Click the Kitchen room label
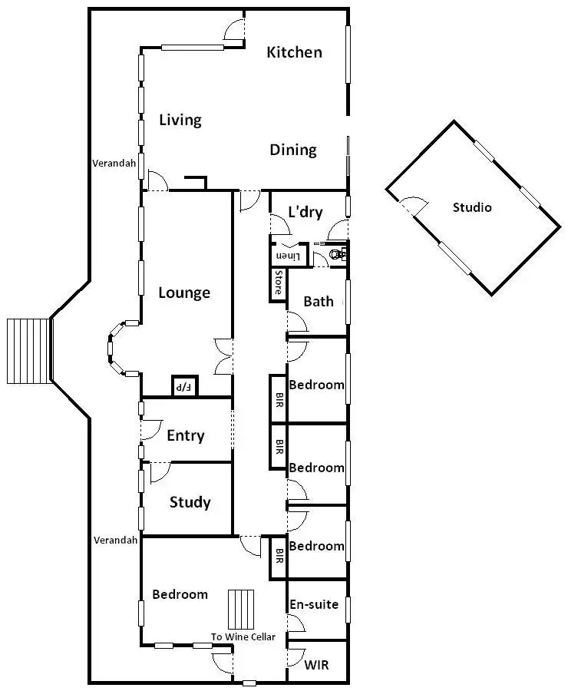pyautogui.click(x=294, y=52)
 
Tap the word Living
pyautogui.click(x=180, y=120)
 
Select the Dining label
pyautogui.click(x=293, y=150)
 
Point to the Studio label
pyautogui.click(x=472, y=207)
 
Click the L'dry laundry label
pyautogui.click(x=305, y=213)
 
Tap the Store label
pyautogui.click(x=278, y=283)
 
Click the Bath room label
pyautogui.click(x=319, y=301)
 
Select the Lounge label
pyautogui.click(x=184, y=293)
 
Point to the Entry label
pyautogui.click(x=186, y=436)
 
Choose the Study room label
pyautogui.click(x=190, y=502)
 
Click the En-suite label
pyautogui.click(x=313, y=604)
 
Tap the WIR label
pyautogui.click(x=317, y=664)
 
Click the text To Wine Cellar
pyautogui.click(x=243, y=637)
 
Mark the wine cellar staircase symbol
pyautogui.click(x=240, y=610)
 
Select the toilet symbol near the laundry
pyautogui.click(x=336, y=253)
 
